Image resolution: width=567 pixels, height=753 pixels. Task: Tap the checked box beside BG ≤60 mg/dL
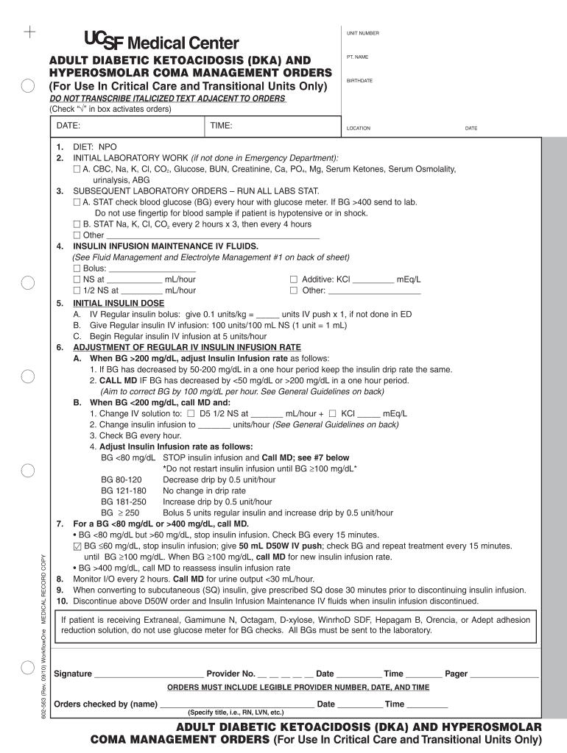[x=78, y=546]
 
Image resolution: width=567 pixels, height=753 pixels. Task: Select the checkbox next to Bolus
[x=77, y=268]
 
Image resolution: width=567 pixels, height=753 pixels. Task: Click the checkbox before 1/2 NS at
[x=77, y=290]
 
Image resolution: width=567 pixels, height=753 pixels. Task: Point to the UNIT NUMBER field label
[x=363, y=33]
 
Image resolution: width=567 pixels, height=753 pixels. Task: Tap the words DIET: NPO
[x=94, y=147]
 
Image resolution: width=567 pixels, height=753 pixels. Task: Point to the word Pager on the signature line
[x=456, y=674]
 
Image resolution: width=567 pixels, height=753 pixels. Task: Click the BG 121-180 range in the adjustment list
[x=123, y=490]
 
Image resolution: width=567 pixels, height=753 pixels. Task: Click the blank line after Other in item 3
[x=213, y=235]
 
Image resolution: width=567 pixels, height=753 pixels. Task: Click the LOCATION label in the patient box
[x=359, y=128]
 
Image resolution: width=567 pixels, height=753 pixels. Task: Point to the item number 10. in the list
[x=62, y=601]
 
